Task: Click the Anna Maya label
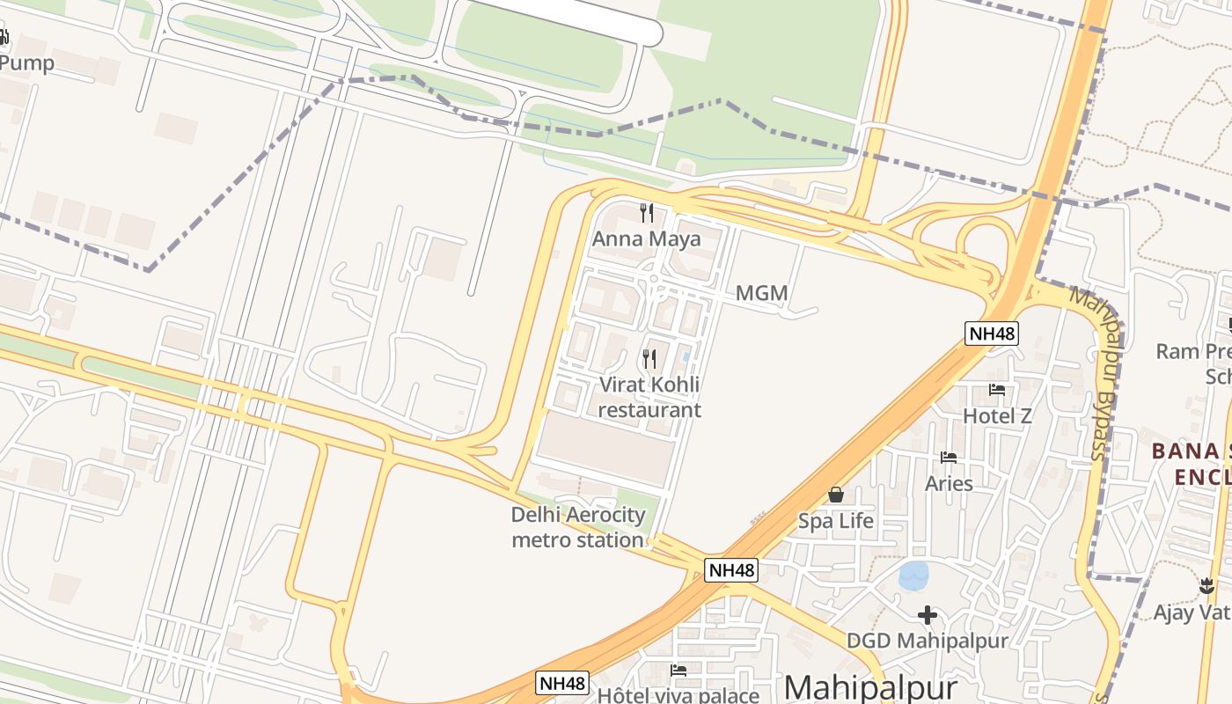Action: pos(647,238)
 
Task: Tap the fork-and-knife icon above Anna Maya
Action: pos(647,212)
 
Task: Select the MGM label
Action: pos(761,293)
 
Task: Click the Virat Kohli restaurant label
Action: pos(650,397)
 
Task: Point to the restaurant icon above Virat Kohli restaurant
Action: pos(649,358)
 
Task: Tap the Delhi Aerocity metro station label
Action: pos(578,526)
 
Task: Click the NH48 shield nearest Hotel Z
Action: pos(992,334)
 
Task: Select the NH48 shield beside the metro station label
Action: pos(732,570)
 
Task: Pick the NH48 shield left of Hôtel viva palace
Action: pos(562,683)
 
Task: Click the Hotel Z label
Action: pos(997,415)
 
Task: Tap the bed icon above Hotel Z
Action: pos(997,389)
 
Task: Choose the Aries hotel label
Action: pos(949,483)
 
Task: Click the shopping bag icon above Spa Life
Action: pos(836,495)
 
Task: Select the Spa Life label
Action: pos(836,521)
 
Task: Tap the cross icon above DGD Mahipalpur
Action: pos(927,615)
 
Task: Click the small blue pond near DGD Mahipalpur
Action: pos(913,576)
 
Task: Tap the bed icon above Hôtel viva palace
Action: pos(678,671)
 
